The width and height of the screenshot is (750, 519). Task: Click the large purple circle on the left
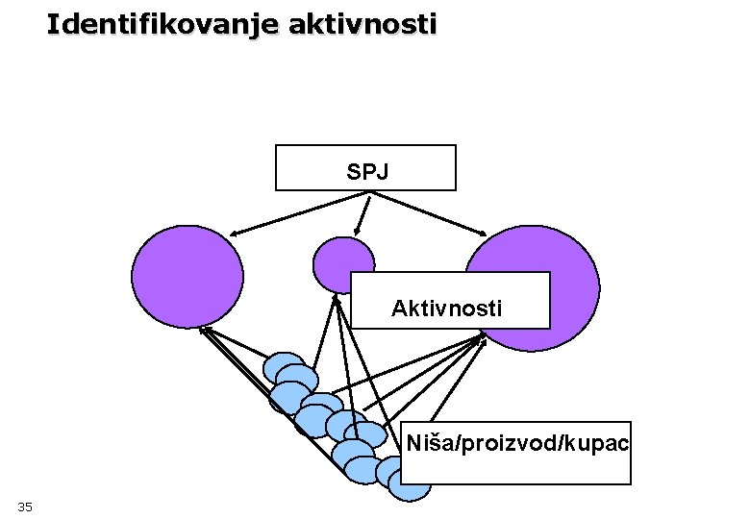187,276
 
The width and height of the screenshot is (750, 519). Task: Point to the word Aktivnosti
446,309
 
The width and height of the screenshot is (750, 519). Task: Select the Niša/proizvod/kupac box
517,452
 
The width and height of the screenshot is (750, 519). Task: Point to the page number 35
25,506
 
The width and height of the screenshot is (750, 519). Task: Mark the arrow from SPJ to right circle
433,212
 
